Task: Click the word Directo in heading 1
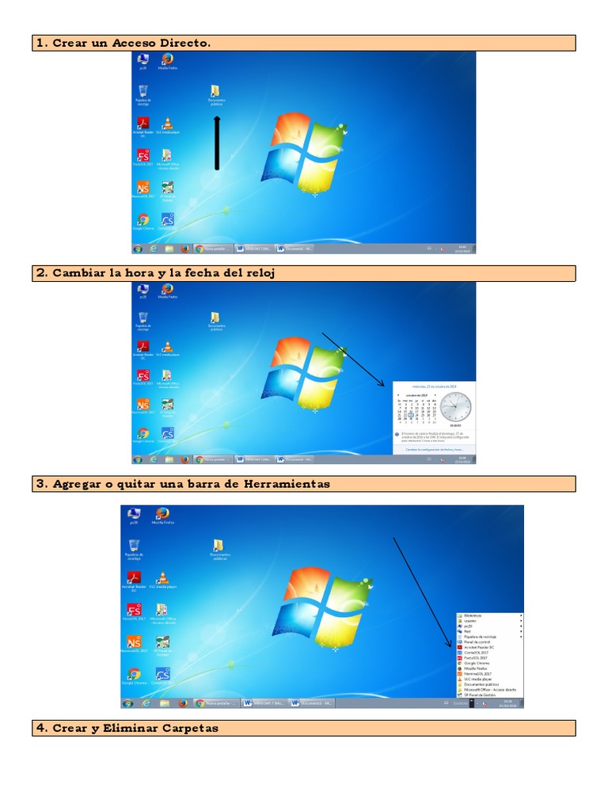185,43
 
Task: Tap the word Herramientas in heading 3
287,483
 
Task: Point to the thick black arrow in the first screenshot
217,143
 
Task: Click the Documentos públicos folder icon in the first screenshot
215,91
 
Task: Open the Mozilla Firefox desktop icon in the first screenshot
167,59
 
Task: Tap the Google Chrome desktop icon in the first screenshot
143,219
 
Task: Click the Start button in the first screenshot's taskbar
138,248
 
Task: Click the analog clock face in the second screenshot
455,407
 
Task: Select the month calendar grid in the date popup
417,410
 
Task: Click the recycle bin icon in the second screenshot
143,317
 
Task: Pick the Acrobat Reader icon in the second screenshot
143,346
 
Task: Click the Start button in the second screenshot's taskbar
138,459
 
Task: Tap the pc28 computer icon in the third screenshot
134,515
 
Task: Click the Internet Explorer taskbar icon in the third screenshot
146,702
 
